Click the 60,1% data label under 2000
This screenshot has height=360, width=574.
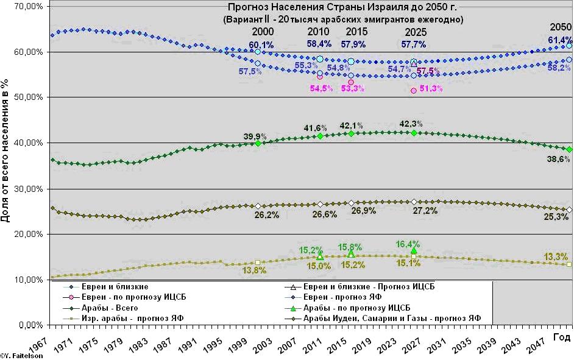pyautogui.click(x=261, y=44)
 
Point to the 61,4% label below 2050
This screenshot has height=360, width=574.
pyautogui.click(x=560, y=40)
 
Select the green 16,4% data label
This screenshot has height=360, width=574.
pyautogui.click(x=408, y=244)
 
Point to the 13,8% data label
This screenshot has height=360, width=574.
pyautogui.click(x=256, y=270)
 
